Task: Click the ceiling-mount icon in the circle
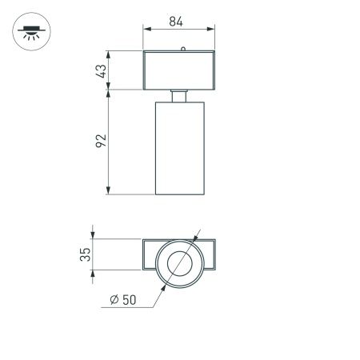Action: pos(31,34)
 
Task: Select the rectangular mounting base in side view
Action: pos(179,70)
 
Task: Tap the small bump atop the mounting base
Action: pos(183,49)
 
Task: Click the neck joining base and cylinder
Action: pos(180,95)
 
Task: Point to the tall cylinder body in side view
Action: pos(180,147)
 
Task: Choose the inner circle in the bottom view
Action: pos(179,262)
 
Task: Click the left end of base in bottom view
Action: pos(149,255)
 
